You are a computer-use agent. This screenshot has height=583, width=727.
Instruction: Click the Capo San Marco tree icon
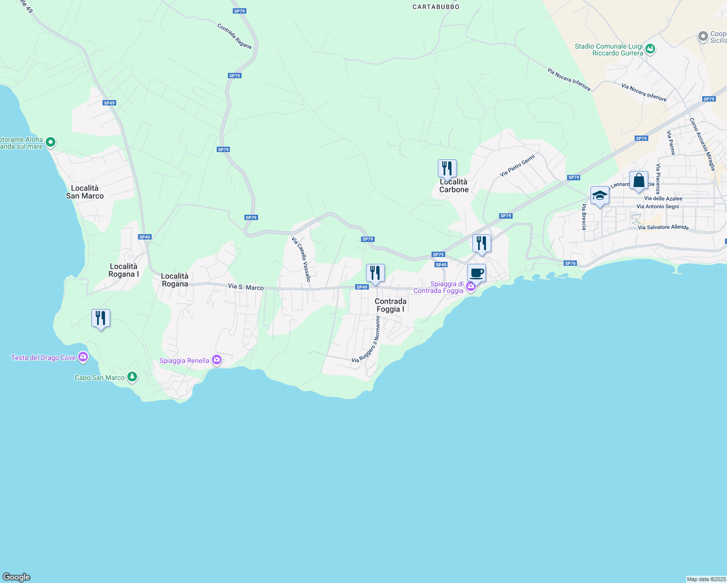point(132,377)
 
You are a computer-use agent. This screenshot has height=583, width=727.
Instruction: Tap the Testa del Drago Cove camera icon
point(83,358)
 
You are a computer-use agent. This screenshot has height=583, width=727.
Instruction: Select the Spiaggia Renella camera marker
point(217,360)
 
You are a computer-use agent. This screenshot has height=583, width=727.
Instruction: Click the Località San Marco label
point(85,192)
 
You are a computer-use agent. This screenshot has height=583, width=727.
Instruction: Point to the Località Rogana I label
point(123,270)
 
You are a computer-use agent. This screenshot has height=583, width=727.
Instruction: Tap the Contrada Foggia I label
point(390,305)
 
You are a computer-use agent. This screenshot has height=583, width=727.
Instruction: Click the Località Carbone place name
point(454,186)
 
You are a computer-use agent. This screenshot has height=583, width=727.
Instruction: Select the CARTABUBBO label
point(436,7)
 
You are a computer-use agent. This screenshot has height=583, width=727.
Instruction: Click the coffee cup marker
point(476,273)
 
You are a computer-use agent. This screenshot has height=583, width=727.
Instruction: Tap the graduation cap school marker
point(600,195)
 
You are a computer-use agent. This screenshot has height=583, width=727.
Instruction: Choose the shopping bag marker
point(639,180)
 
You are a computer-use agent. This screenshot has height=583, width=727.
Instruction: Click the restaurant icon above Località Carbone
point(447,169)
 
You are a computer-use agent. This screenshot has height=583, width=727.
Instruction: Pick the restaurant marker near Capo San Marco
point(101,318)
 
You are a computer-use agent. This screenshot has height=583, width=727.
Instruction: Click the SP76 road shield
point(570,263)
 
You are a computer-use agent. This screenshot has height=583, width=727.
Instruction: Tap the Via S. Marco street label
point(246,287)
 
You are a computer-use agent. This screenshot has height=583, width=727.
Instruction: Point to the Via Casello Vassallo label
point(301,259)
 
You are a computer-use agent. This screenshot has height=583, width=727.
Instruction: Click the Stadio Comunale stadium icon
point(650,49)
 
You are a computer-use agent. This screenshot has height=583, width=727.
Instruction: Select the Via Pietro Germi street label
point(517,166)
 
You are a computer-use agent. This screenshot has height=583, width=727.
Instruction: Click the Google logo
point(17,577)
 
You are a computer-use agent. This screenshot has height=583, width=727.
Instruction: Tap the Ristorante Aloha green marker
point(50,142)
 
